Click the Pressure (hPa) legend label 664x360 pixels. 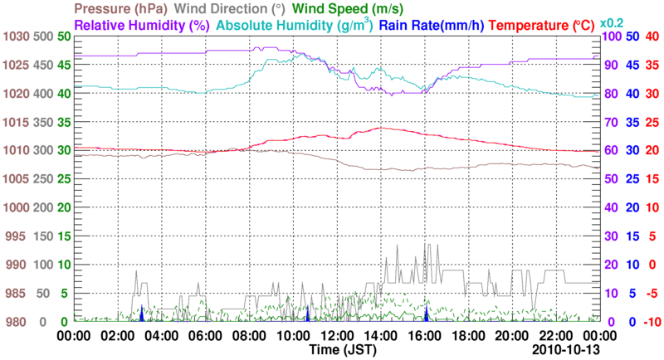117,8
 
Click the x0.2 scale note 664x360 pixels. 612,22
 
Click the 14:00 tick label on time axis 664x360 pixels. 378,336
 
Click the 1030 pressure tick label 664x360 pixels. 16,36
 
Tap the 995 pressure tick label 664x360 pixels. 19,236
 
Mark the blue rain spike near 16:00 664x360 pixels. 427,314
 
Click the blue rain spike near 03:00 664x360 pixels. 142,314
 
